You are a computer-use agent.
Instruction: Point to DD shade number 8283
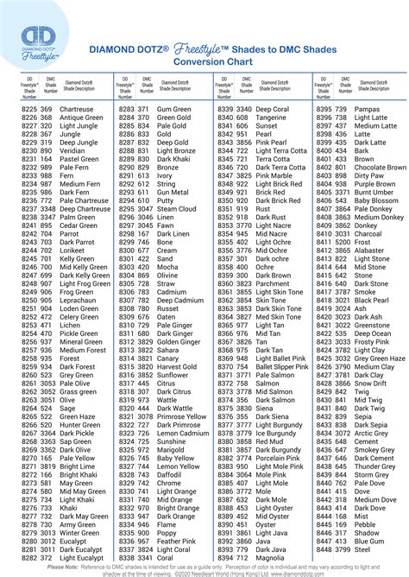tap(126, 110)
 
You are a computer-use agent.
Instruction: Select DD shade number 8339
tap(225, 110)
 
